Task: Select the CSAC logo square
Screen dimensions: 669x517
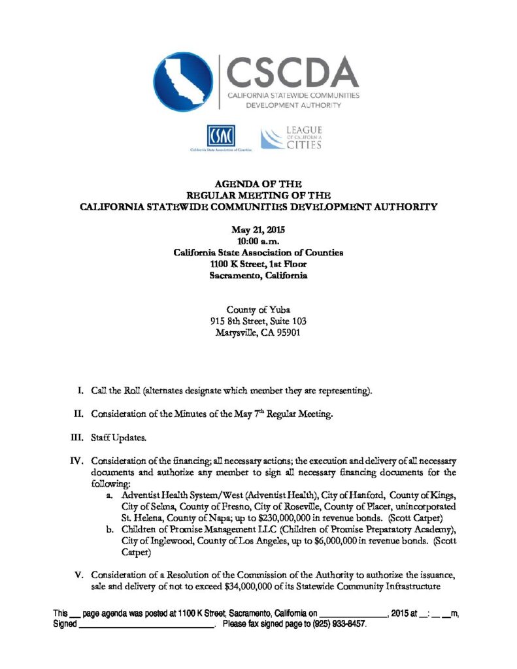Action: (x=220, y=137)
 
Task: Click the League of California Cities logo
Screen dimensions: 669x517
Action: (x=292, y=139)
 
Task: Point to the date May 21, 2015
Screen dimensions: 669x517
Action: (x=258, y=229)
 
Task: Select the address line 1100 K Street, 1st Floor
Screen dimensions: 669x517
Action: (x=258, y=264)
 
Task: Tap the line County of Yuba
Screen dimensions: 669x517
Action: (x=258, y=310)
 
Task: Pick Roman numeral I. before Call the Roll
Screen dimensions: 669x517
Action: (x=80, y=391)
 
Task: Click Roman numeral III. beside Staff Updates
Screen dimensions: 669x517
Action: (x=78, y=437)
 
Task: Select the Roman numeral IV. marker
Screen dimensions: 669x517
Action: (x=77, y=461)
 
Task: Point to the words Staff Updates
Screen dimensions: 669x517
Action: (x=114, y=437)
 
